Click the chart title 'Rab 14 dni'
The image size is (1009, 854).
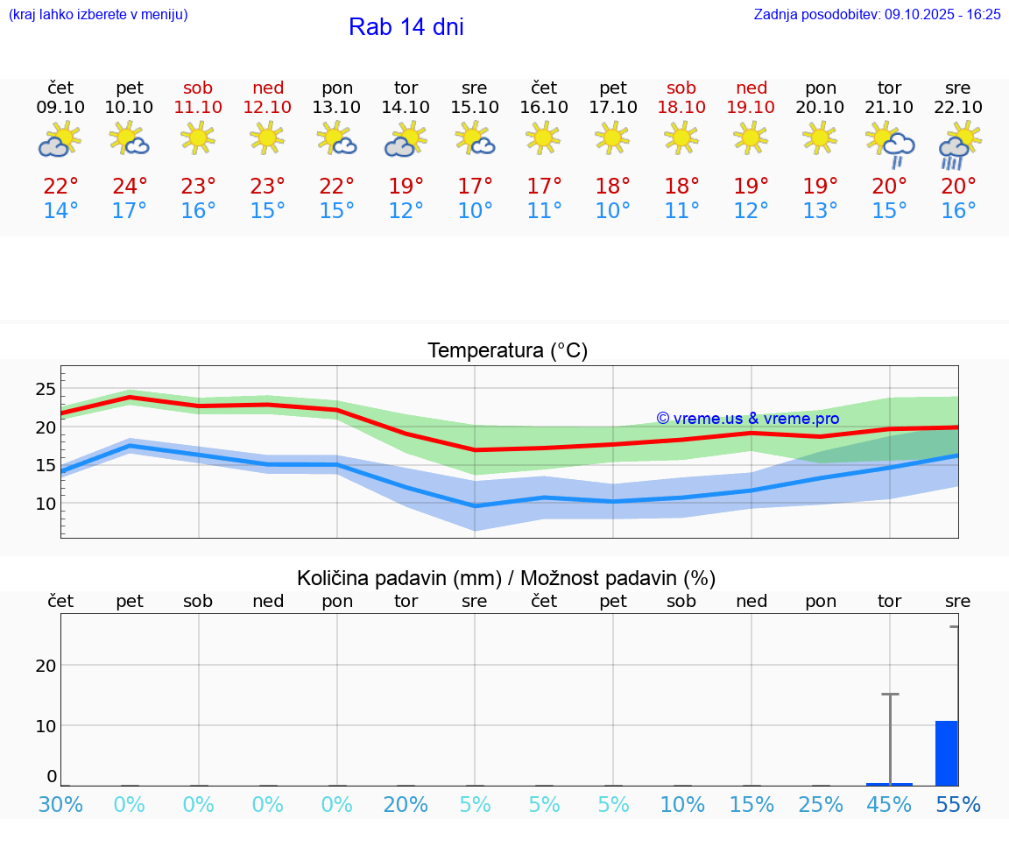(x=406, y=27)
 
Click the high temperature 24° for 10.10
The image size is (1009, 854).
(x=130, y=187)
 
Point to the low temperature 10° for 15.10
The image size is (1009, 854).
(x=475, y=211)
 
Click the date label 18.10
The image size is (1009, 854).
(x=681, y=108)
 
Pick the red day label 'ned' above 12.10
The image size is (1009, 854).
(x=268, y=88)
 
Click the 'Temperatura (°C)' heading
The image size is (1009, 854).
(x=507, y=351)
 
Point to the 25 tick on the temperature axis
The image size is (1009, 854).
(x=46, y=389)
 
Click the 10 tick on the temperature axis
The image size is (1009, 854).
(x=46, y=504)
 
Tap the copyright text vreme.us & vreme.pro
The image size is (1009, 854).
(x=747, y=419)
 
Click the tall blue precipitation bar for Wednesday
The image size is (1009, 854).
(x=947, y=753)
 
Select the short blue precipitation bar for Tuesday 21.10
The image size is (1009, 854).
(x=889, y=784)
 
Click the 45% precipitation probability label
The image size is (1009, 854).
(x=889, y=805)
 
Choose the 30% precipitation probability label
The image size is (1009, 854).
(x=61, y=805)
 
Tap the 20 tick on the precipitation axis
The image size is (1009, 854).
(x=46, y=665)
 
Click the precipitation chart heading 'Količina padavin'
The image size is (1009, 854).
(x=399, y=578)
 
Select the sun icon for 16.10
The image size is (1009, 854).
(x=544, y=138)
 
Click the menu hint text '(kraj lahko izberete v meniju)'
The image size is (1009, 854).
(x=98, y=14)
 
